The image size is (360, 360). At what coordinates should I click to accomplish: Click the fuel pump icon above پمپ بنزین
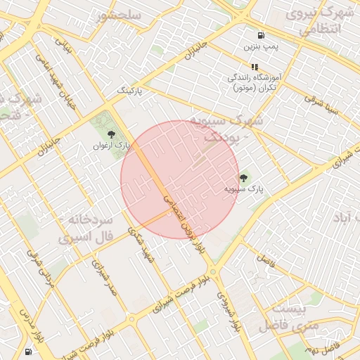[x=262, y=35]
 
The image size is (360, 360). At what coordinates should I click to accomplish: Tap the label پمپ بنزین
[x=262, y=47]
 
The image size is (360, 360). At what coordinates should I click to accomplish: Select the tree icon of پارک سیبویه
[x=244, y=177]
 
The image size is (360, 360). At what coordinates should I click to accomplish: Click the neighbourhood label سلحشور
[x=120, y=15]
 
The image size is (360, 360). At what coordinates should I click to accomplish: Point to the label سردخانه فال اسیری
[x=89, y=229]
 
